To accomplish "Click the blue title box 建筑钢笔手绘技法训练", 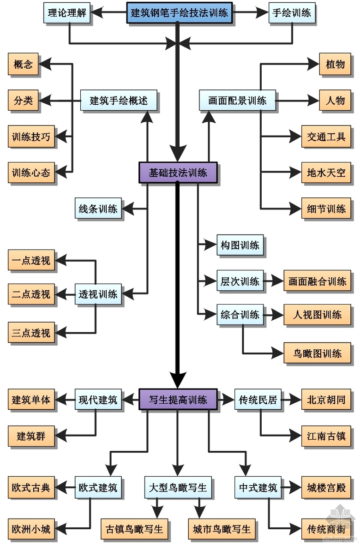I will pyautogui.click(x=179, y=12).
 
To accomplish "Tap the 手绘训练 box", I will pyautogui.click(x=292, y=12).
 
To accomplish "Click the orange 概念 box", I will pyautogui.click(x=23, y=64).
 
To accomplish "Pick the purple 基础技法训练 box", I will pyautogui.click(x=178, y=173).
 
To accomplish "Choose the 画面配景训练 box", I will pyautogui.click(x=237, y=100).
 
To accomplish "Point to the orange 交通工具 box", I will pyautogui.click(x=326, y=137).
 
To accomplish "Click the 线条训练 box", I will pyautogui.click(x=98, y=209).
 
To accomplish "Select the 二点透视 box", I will pyautogui.click(x=31, y=293).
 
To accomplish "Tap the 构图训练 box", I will pyautogui.click(x=240, y=245).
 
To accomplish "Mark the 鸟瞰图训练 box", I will pyautogui.click(x=318, y=353).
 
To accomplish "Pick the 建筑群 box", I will pyautogui.click(x=31, y=435).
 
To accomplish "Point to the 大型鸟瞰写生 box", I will pyautogui.click(x=178, y=487).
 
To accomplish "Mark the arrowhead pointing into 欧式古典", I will pyautogui.click(x=61, y=487).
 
